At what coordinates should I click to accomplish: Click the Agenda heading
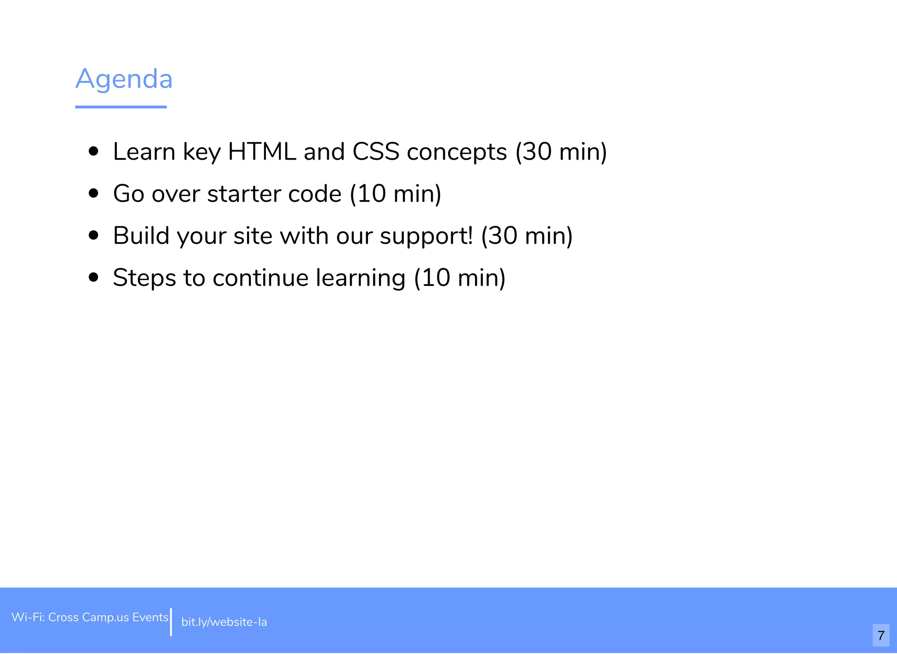click(124, 79)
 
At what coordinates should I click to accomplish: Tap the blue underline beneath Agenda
click(121, 107)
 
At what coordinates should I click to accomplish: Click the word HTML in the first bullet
click(262, 152)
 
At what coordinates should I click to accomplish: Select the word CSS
click(376, 152)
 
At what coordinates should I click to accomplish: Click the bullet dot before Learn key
click(93, 151)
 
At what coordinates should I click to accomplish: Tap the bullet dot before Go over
click(93, 193)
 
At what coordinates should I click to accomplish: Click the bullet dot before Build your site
click(93, 236)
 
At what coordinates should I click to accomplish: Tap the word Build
click(141, 236)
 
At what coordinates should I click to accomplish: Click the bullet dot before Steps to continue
click(93, 278)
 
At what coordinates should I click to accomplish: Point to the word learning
click(360, 278)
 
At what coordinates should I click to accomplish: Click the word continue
click(261, 278)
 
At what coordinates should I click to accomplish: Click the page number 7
click(881, 635)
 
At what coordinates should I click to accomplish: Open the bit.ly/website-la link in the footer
click(224, 622)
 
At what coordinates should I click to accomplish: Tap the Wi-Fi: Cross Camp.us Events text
click(90, 617)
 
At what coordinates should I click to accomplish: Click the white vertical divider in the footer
click(171, 622)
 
